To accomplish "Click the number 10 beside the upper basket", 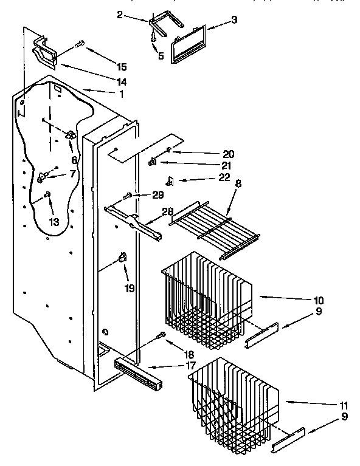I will point(319,301).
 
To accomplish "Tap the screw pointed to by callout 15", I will point(80,44).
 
